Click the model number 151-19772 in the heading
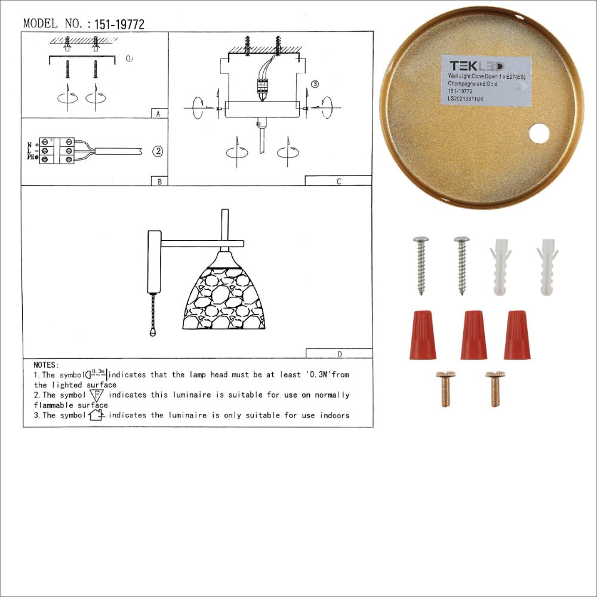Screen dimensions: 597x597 (x=115, y=24)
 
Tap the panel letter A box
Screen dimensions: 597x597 (x=157, y=113)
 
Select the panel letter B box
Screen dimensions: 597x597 (x=159, y=181)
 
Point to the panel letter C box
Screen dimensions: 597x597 (x=338, y=181)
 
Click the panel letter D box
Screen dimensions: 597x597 (x=338, y=353)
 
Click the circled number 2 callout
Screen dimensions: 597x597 (x=157, y=151)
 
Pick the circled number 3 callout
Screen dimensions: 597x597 (x=315, y=84)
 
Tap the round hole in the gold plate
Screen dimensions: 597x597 (x=538, y=134)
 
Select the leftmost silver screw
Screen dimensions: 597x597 (x=420, y=264)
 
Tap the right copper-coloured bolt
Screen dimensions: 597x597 (x=494, y=388)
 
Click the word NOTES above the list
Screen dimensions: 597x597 (x=46, y=364)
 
